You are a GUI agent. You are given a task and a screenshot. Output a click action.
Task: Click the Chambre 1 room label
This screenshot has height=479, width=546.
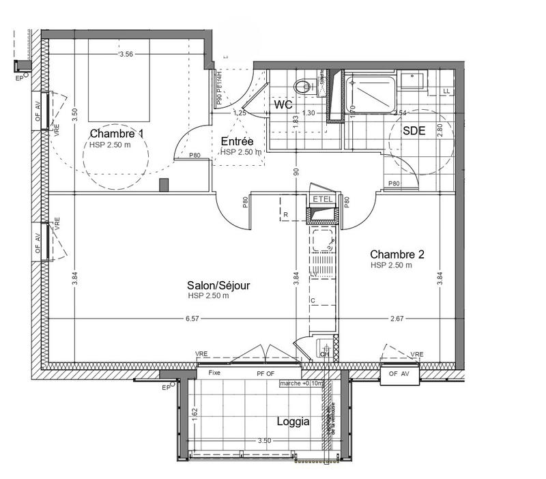(x=117, y=134)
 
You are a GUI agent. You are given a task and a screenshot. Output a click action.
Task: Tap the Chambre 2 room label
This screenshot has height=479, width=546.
(x=398, y=255)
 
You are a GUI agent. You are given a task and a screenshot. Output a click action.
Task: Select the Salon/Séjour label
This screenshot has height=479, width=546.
(x=213, y=285)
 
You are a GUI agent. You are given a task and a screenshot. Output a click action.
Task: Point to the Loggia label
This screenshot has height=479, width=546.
(x=293, y=422)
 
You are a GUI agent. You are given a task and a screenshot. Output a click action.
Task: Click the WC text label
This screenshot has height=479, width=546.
(x=284, y=106)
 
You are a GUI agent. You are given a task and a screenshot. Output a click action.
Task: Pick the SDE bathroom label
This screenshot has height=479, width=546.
(x=414, y=132)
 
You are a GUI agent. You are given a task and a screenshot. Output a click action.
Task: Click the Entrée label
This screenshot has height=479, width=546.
(x=238, y=141)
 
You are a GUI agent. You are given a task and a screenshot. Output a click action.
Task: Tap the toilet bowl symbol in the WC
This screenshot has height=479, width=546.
(x=303, y=87)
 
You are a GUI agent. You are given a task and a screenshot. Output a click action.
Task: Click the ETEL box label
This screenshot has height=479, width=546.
(x=321, y=199)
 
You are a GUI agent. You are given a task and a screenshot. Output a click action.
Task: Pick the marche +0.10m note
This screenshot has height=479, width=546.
(x=301, y=383)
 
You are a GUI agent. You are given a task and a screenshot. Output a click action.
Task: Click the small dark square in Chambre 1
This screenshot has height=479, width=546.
(x=163, y=184)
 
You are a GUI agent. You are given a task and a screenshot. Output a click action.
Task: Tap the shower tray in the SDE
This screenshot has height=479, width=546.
(x=369, y=95)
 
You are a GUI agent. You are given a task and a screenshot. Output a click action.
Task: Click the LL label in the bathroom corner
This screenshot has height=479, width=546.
(x=447, y=91)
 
